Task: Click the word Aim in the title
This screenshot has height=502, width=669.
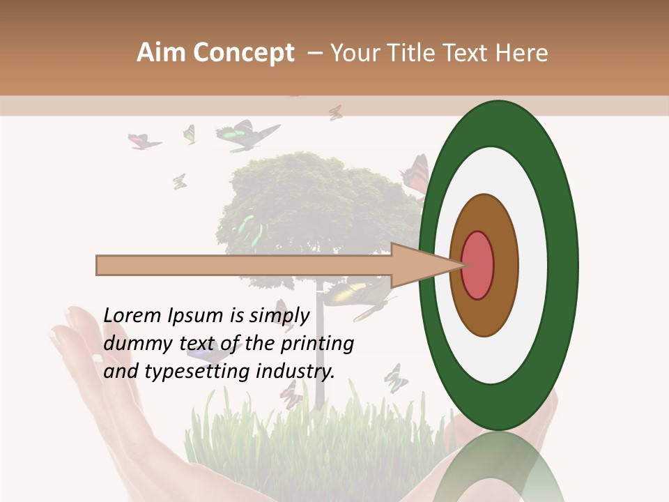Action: tap(161, 53)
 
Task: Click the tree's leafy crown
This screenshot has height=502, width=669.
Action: tap(314, 202)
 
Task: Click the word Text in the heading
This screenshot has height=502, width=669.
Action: tap(469, 53)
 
